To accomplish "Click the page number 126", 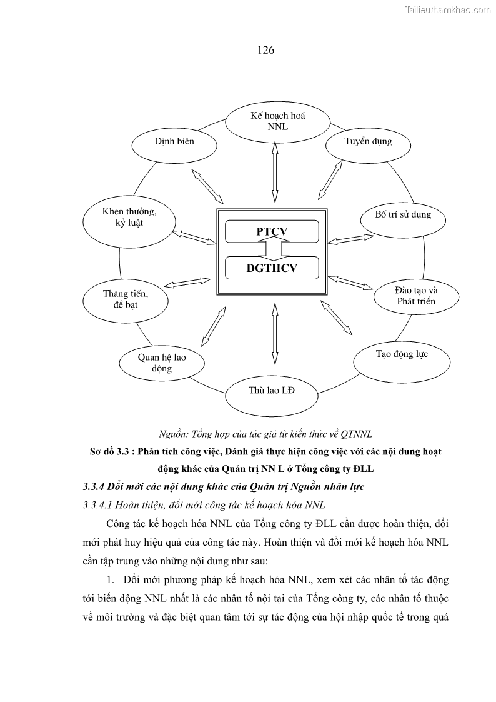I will [265, 50].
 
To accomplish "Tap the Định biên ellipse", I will [174, 143].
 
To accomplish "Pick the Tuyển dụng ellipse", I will [369, 143].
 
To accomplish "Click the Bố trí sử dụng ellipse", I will [404, 216].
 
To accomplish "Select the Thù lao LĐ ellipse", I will [272, 391].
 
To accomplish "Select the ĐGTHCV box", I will [272, 268].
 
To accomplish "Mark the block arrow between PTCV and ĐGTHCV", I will [272, 250].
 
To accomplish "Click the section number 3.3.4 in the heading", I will [96, 486].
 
